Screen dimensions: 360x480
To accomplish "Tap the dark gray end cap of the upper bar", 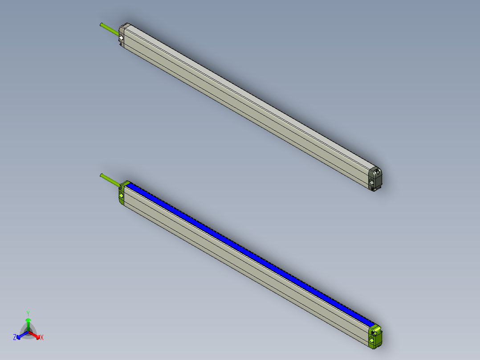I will (376, 179).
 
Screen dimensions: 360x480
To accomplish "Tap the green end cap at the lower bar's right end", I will (375, 337).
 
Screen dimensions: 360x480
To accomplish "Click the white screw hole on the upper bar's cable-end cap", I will (121, 38).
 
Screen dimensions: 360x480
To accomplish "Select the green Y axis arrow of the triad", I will (28, 323).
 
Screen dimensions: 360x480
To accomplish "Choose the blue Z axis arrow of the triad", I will (21, 335).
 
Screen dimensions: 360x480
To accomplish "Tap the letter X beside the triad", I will (42, 338).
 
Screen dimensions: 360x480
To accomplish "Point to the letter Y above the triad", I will (28, 313).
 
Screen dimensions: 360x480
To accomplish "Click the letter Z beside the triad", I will (15, 338).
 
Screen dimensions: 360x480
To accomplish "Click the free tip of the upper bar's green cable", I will (102, 24).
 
